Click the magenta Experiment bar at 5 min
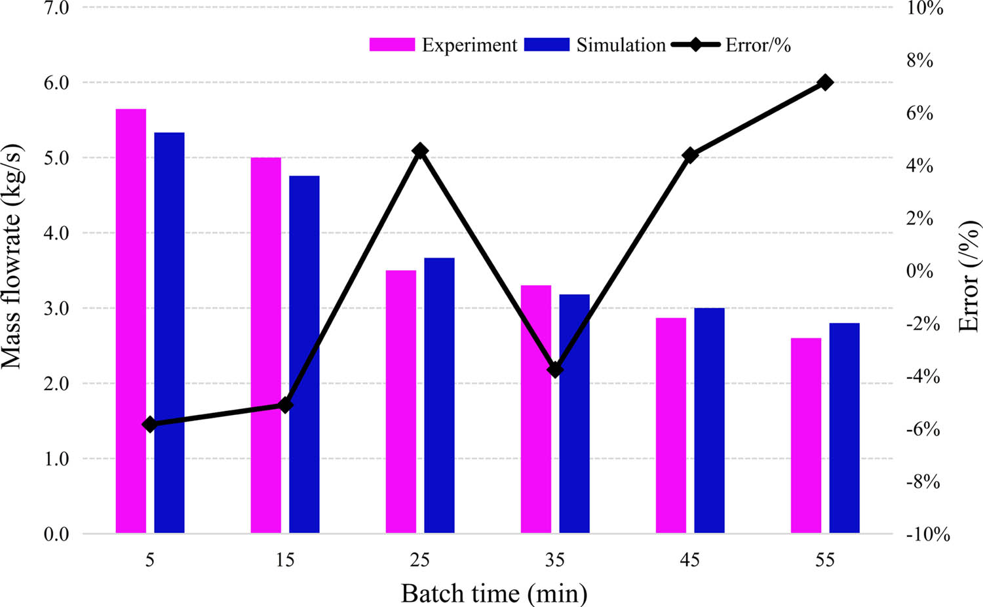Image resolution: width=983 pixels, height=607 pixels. pos(130,321)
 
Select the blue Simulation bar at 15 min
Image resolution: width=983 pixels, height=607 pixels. pos(304,354)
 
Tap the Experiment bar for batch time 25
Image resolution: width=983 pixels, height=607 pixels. pos(400,401)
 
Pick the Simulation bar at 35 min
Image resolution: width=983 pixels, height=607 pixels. pos(574,413)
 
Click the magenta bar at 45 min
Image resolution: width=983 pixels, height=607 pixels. pos(670,425)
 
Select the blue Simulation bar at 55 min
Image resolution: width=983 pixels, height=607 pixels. pos(844,428)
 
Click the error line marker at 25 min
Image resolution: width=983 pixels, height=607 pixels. pos(420,151)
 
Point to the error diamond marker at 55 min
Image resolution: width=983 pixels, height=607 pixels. pos(825,83)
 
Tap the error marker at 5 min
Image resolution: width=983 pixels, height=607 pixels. pos(149,425)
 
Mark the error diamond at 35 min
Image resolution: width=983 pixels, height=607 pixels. pos(555,370)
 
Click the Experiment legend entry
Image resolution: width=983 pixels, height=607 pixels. pos(444,45)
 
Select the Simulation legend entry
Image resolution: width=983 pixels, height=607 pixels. pos(595,45)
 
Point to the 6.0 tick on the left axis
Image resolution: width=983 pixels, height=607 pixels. pos(56,83)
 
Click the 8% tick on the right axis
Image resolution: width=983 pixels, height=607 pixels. pos(919,61)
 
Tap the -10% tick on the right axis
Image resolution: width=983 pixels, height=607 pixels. pos(927,534)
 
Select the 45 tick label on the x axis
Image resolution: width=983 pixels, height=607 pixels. pos(690,560)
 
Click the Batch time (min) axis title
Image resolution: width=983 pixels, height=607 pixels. pos(494,593)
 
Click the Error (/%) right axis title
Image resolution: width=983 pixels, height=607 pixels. pos(969,276)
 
